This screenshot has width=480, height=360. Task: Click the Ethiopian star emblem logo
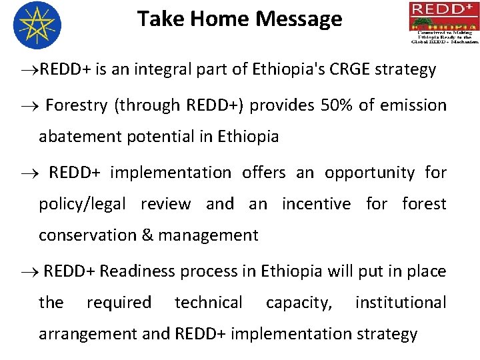pyautogui.click(x=37, y=25)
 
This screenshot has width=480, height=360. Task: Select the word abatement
pyautogui.click(x=80, y=137)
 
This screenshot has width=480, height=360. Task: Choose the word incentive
pyautogui.click(x=316, y=204)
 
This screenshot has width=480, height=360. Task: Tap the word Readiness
pyautogui.click(x=137, y=271)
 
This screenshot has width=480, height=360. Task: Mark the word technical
pyautogui.click(x=209, y=303)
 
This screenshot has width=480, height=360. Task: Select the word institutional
pyautogui.click(x=400, y=303)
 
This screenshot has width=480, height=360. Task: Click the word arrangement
pyautogui.click(x=86, y=334)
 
